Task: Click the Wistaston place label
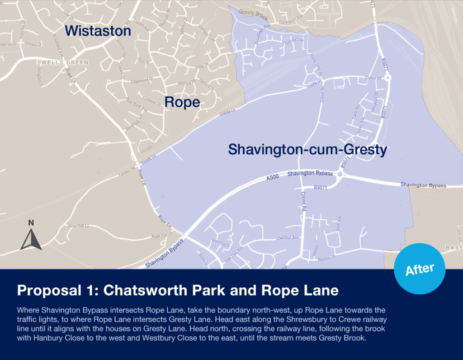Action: point(98,31)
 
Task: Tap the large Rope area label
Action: point(182,102)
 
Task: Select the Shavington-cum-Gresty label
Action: point(307,149)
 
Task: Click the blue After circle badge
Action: point(420,269)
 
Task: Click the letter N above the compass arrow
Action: point(31,223)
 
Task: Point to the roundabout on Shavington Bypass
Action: point(340,174)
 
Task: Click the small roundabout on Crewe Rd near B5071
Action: point(388,78)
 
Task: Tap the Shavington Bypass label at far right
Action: point(423,185)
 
